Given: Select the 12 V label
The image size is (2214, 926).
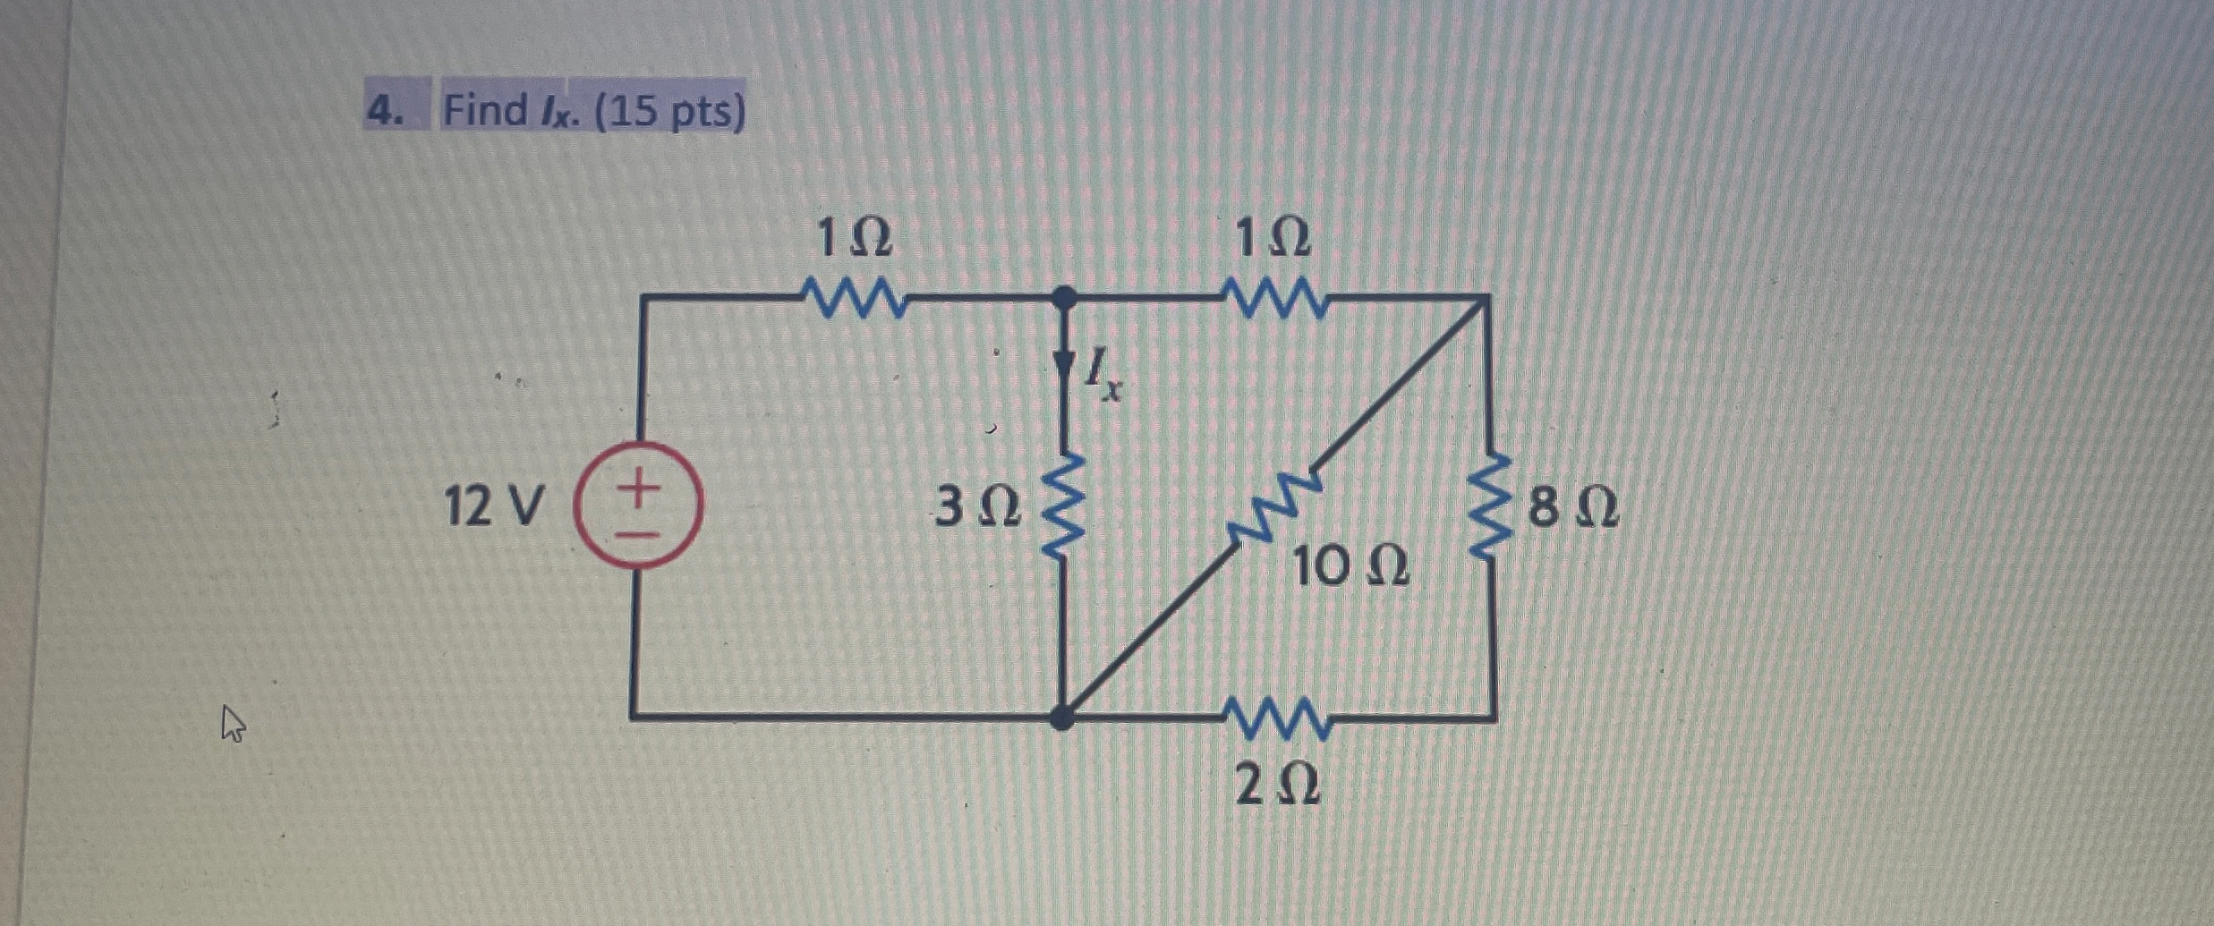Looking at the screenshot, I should tap(493, 507).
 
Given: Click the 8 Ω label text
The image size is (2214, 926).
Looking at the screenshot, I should tap(1573, 508).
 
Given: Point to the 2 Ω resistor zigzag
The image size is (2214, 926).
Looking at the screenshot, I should tap(1278, 718).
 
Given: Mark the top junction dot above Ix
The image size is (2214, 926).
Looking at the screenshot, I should tap(1064, 297).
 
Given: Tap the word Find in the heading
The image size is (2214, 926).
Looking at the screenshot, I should tap(486, 111).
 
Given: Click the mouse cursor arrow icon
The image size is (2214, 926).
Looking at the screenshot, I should tap(233, 723).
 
